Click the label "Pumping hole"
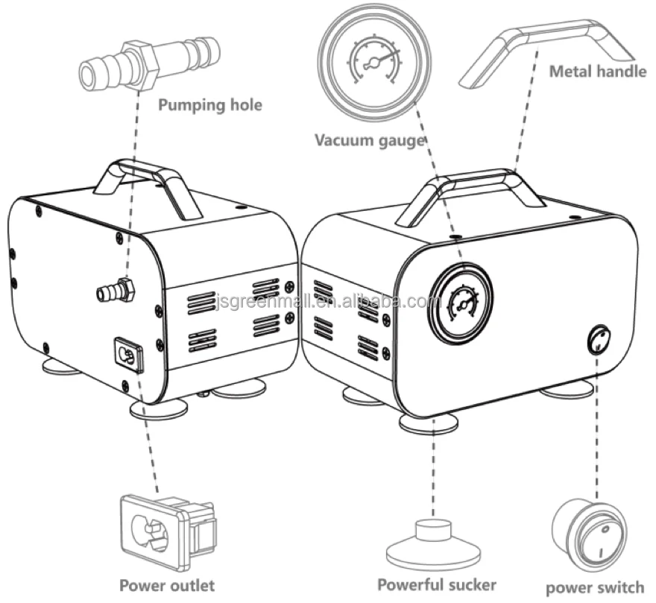210,104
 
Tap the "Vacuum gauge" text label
370,140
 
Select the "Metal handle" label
598,71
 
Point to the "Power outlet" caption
167,585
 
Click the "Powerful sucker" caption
437,584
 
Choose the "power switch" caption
595,587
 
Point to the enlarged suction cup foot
434,543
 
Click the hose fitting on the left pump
116,289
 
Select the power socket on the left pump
129,355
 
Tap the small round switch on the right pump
599,339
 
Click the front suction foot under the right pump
428,423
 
